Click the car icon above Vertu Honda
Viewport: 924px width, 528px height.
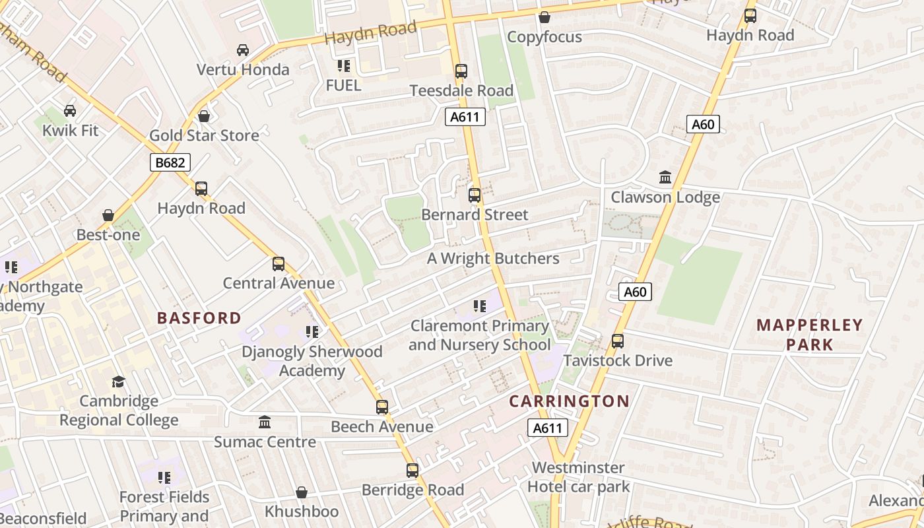[243, 50]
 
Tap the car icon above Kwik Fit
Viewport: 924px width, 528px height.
[70, 111]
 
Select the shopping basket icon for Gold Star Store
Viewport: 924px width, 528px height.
[204, 116]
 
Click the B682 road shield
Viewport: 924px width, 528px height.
[170, 162]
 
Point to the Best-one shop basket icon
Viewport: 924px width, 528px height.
[108, 216]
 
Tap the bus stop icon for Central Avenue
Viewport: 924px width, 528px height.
[279, 264]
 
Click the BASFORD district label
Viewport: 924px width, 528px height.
[199, 318]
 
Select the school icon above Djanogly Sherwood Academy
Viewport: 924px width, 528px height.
[312, 332]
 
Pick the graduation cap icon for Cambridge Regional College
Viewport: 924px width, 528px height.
[118, 382]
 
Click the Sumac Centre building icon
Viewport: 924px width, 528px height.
[265, 422]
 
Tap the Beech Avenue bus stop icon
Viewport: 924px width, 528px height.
[382, 407]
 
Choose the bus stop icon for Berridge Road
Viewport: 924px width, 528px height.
[412, 471]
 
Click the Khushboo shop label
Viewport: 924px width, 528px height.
[302, 511]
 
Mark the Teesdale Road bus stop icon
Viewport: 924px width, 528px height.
[461, 71]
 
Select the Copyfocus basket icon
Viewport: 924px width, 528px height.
[544, 17]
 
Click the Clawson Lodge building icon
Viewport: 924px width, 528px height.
[665, 178]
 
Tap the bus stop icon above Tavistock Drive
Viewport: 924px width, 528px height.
[618, 341]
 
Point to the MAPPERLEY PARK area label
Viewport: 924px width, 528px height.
[809, 335]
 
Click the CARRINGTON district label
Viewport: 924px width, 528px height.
[569, 401]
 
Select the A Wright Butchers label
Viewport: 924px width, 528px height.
[493, 259]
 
